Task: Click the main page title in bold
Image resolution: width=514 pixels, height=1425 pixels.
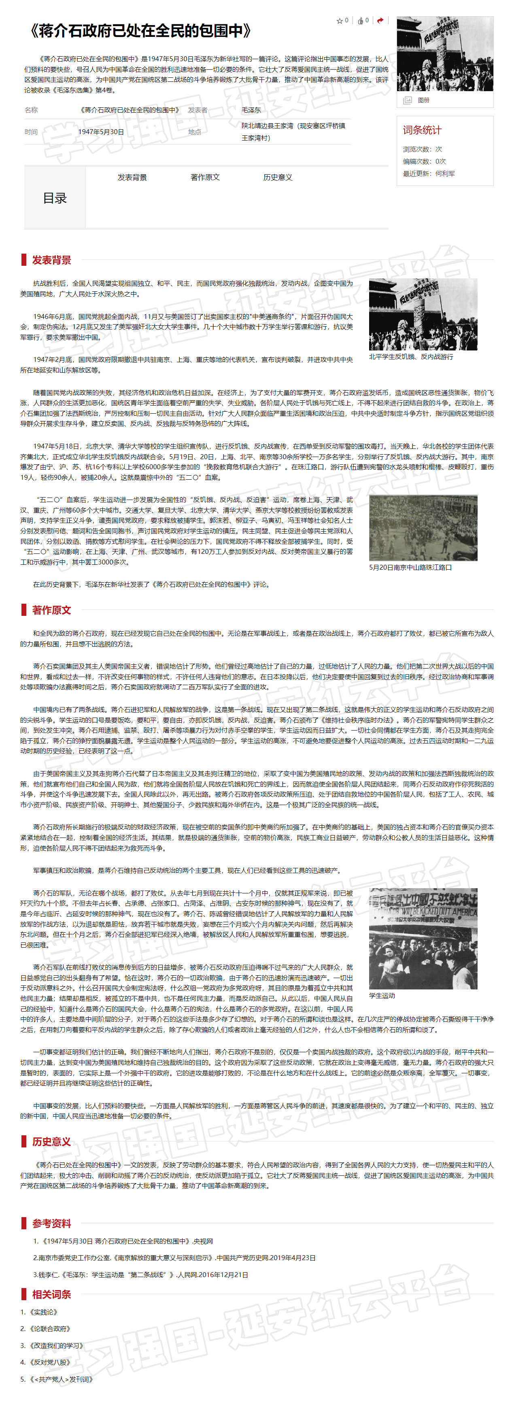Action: point(141,31)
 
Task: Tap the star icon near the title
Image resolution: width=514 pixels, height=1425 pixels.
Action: point(339,21)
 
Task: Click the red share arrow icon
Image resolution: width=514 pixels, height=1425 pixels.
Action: point(380,21)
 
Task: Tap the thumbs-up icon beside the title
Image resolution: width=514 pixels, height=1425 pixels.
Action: point(360,21)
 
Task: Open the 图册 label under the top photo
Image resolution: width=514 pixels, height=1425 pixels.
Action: point(423,100)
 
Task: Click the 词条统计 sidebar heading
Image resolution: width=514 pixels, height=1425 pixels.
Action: point(422,130)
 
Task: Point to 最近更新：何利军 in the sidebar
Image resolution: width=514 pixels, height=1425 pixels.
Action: point(429,174)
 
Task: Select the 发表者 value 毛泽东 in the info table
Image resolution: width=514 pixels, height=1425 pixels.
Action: point(251,110)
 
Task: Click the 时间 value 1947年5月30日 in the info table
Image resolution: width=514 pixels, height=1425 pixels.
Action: point(101,132)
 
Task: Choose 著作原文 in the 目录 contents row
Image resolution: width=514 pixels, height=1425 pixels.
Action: point(205,177)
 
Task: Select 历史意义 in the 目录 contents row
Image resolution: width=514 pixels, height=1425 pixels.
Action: point(278,177)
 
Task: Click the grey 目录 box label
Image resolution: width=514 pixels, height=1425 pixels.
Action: point(55,198)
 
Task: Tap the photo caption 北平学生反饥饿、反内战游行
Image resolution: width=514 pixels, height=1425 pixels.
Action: point(411,357)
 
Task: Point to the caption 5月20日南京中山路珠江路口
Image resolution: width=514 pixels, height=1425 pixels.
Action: point(410,568)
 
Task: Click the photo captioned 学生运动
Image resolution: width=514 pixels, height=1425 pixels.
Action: point(423,939)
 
